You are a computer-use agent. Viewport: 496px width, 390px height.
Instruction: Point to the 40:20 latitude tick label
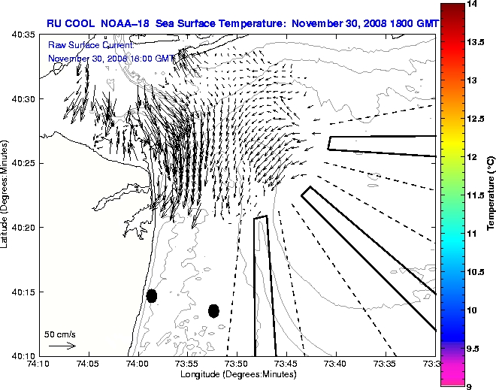tap(23, 227)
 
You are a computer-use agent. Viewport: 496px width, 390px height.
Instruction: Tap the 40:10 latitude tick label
tap(23, 355)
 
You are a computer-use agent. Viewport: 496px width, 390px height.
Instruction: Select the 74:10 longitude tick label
tap(39, 364)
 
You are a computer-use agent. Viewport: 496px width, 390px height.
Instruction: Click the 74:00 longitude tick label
tap(138, 364)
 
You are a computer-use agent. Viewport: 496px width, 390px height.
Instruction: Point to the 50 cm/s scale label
tap(60, 334)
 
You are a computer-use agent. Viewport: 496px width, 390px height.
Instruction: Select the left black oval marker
tap(152, 295)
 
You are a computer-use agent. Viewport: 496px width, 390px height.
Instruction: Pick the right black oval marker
tap(213, 310)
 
